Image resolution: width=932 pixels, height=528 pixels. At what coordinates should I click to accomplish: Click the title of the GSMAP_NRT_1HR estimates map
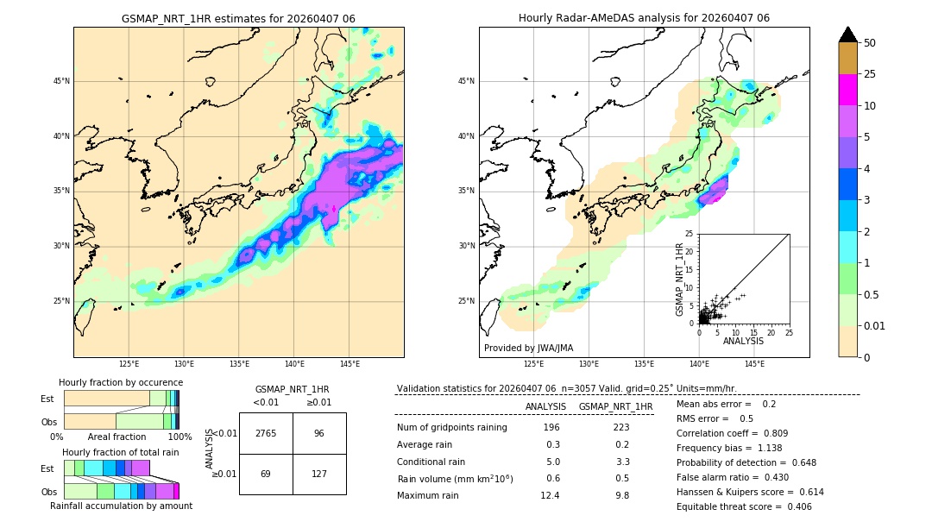[x=238, y=18]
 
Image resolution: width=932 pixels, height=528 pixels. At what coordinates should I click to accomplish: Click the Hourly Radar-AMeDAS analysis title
[x=644, y=18]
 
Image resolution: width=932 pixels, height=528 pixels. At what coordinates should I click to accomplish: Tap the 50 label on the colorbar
[x=870, y=43]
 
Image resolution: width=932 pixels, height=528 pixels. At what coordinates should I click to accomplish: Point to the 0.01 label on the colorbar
[x=874, y=325]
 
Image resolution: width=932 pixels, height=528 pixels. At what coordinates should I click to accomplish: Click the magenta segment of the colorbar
[x=847, y=90]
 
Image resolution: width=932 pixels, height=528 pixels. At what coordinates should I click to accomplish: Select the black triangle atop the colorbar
[x=847, y=35]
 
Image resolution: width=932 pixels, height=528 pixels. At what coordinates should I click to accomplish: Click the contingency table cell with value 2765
[x=266, y=433]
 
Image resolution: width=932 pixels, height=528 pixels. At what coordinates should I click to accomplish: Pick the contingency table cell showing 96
[x=319, y=433]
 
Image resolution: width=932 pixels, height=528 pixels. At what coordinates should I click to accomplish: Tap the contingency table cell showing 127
[x=319, y=474]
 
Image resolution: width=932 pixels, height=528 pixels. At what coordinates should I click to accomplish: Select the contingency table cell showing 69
[x=266, y=474]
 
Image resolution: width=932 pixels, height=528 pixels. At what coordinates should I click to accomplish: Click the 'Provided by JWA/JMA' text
[x=528, y=349]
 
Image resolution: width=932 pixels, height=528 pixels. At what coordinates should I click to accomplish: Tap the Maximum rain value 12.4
[x=551, y=495]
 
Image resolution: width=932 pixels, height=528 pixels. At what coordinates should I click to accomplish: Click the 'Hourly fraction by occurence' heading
[x=121, y=382]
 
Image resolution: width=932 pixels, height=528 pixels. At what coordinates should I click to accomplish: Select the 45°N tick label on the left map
[x=61, y=81]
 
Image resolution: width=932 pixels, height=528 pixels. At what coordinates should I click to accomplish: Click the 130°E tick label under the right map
[x=589, y=364]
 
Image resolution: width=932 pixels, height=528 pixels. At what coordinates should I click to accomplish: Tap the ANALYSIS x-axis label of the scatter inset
[x=743, y=341]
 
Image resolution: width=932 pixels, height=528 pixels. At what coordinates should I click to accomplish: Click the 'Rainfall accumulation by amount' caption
[x=121, y=506]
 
